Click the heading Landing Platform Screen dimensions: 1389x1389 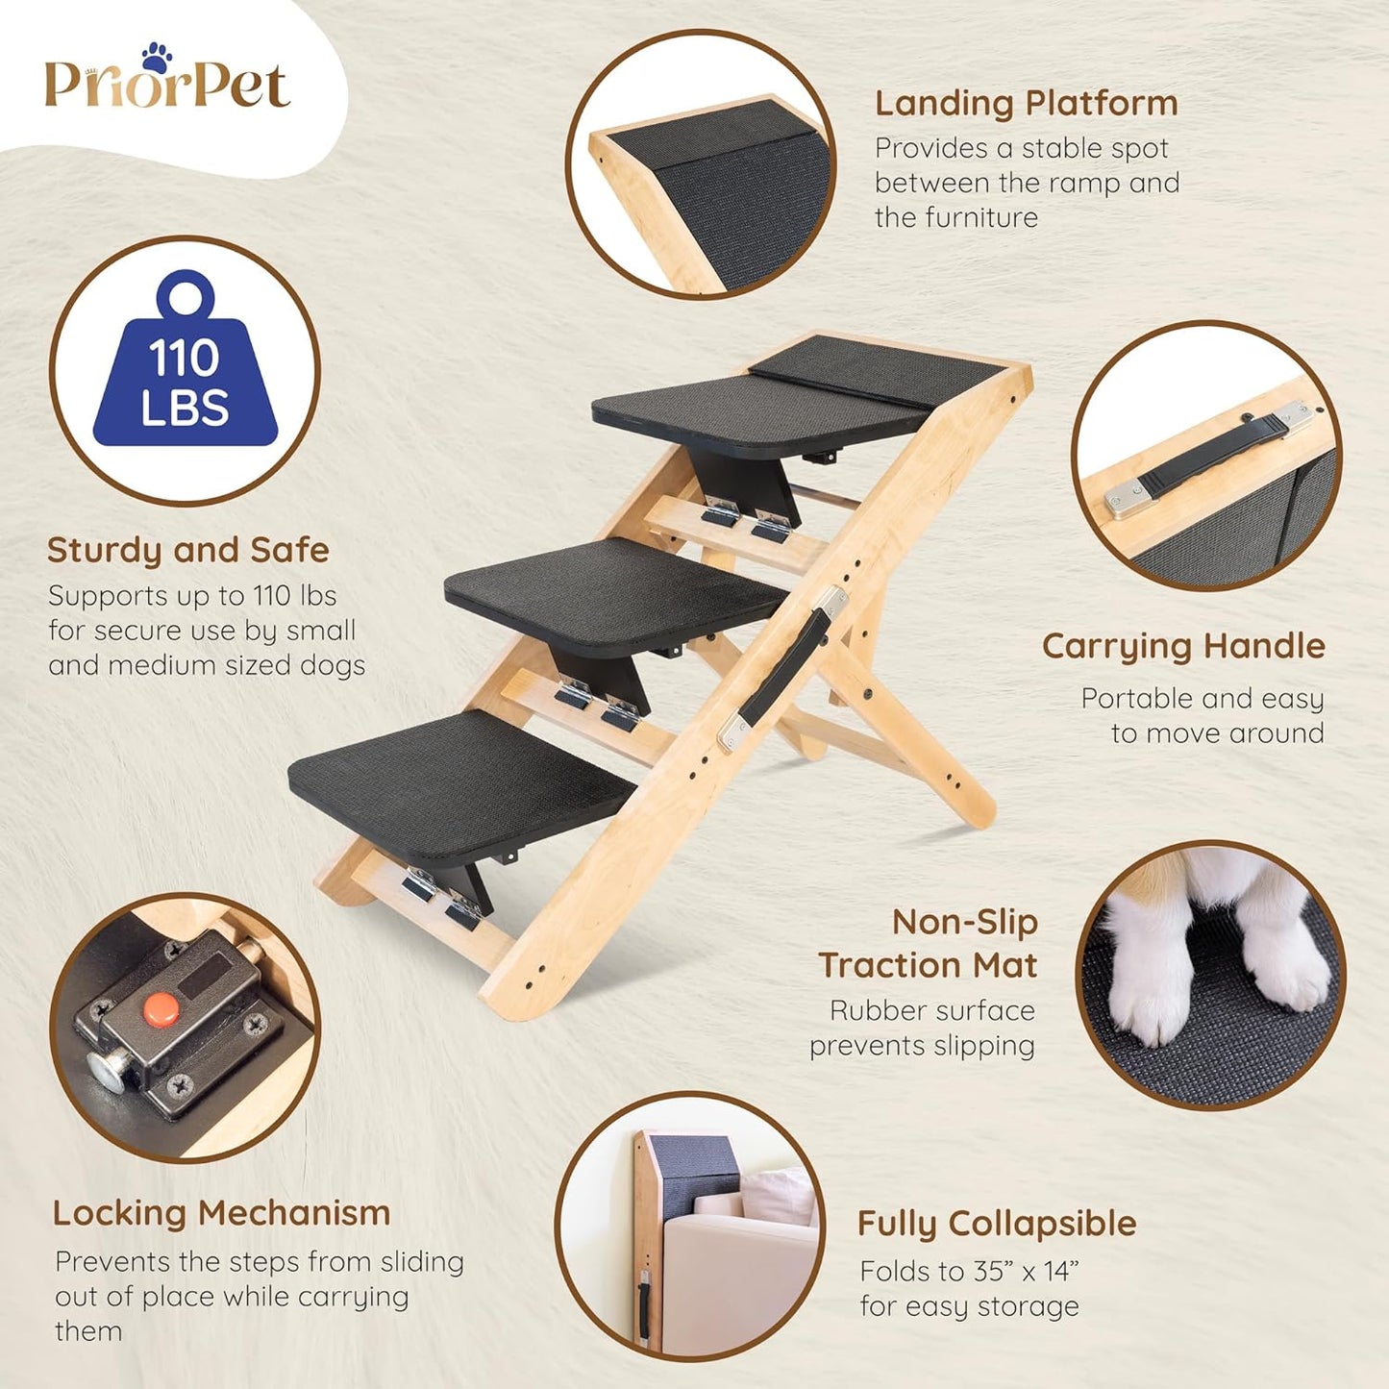1026,103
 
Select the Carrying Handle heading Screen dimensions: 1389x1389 1183,646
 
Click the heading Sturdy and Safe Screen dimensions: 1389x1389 188,550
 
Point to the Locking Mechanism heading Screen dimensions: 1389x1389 221,1213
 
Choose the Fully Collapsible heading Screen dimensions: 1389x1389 997,1224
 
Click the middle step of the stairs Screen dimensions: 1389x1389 615,586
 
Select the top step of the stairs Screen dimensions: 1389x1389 759,409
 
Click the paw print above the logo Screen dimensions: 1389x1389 156,56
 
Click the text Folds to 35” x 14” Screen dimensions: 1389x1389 969,1271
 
